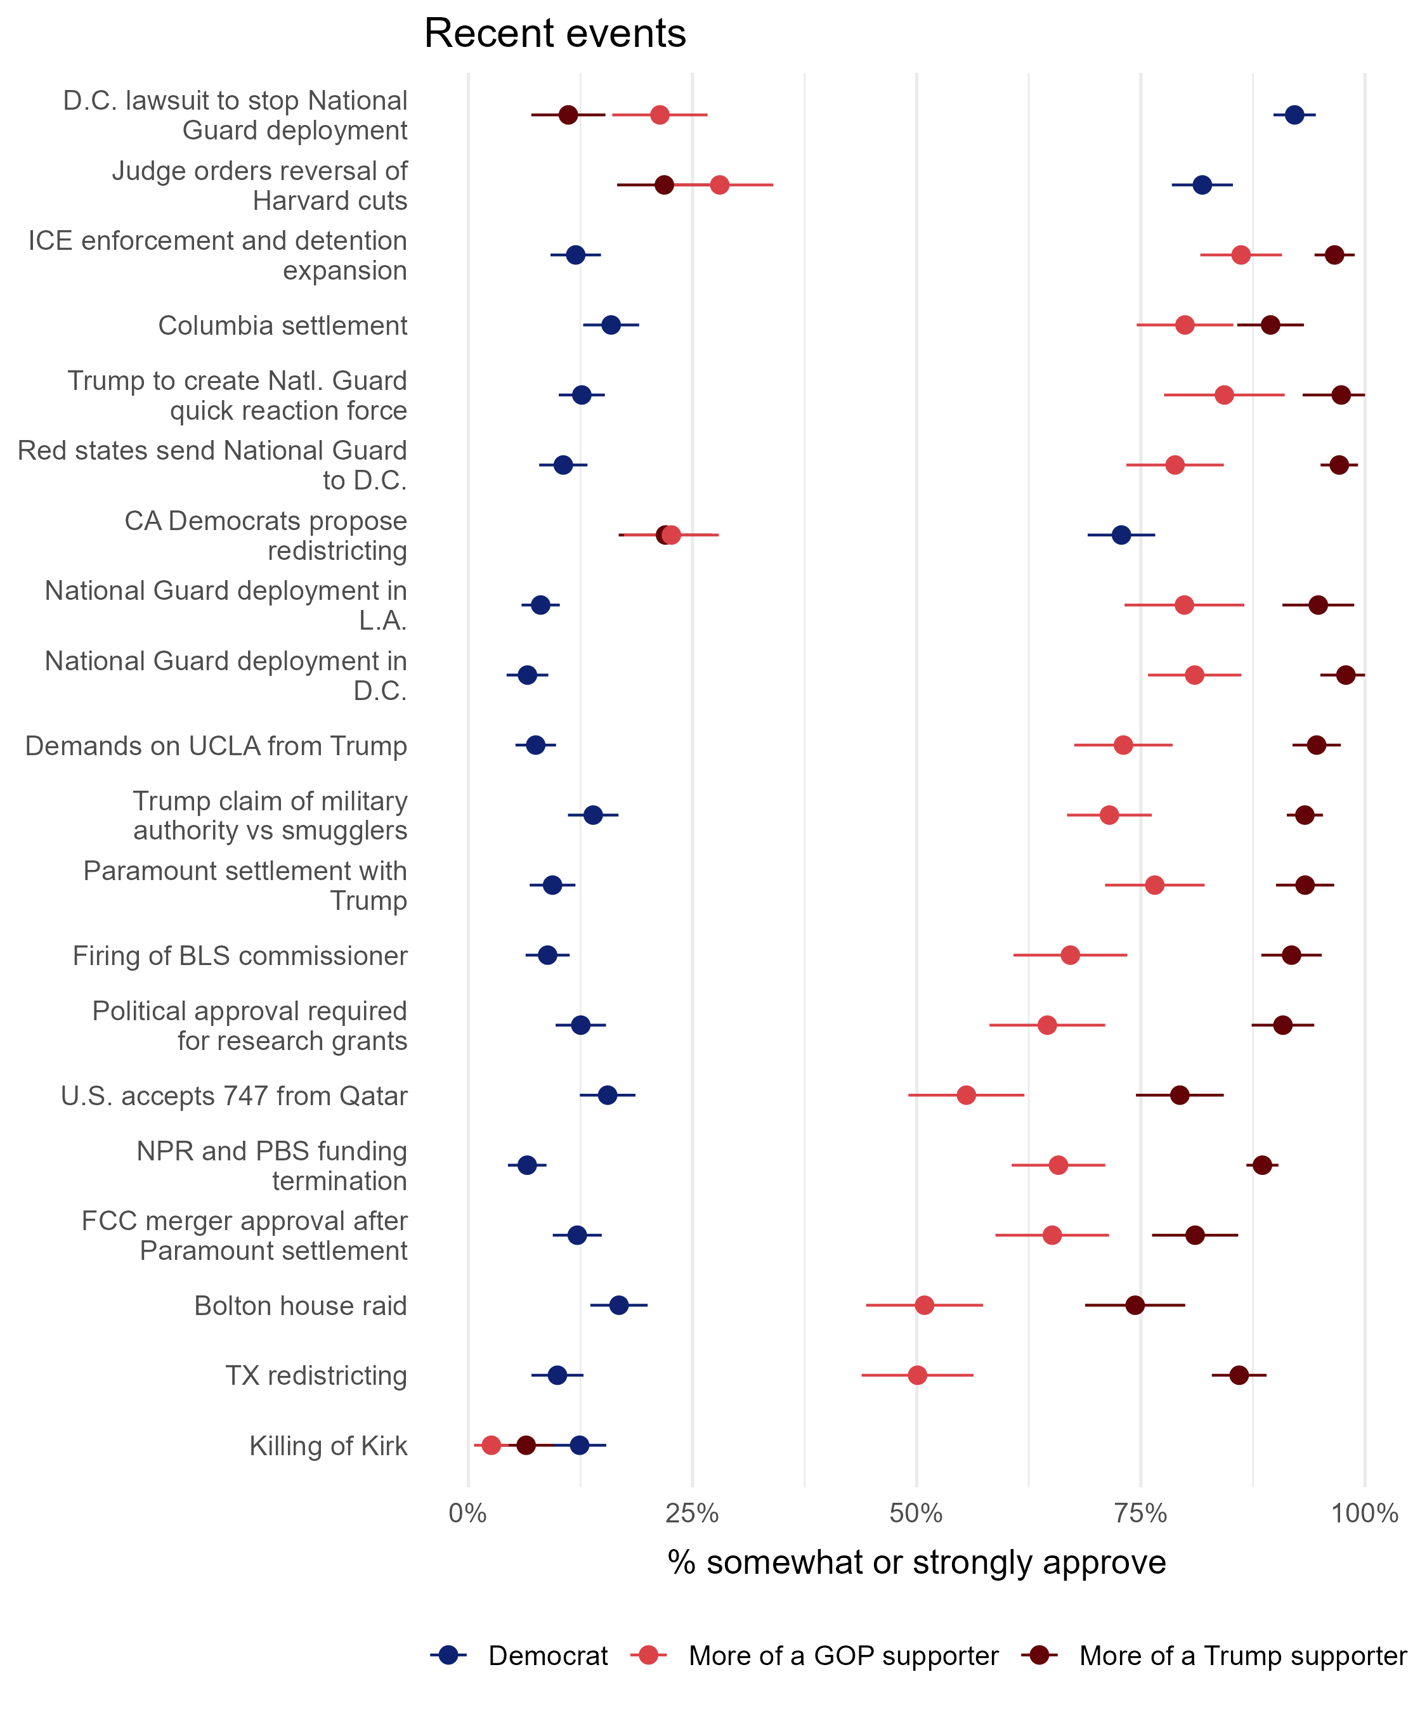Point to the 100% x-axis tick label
pyautogui.click(x=1364, y=1514)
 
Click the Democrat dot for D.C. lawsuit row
pyautogui.click(x=1294, y=115)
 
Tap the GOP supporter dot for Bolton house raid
pyautogui.click(x=924, y=1305)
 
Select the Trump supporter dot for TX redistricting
pyautogui.click(x=1239, y=1375)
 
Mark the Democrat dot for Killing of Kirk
pyautogui.click(x=580, y=1446)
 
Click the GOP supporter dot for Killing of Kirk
pyautogui.click(x=491, y=1446)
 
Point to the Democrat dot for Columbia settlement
pyautogui.click(x=611, y=325)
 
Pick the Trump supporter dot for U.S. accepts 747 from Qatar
pyautogui.click(x=1179, y=1095)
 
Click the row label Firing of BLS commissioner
pyautogui.click(x=240, y=956)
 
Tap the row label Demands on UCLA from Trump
pyautogui.click(x=216, y=746)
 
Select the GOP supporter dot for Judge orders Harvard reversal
pyautogui.click(x=719, y=185)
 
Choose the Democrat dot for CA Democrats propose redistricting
pyautogui.click(x=1121, y=535)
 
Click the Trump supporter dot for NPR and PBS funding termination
pyautogui.click(x=1262, y=1165)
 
